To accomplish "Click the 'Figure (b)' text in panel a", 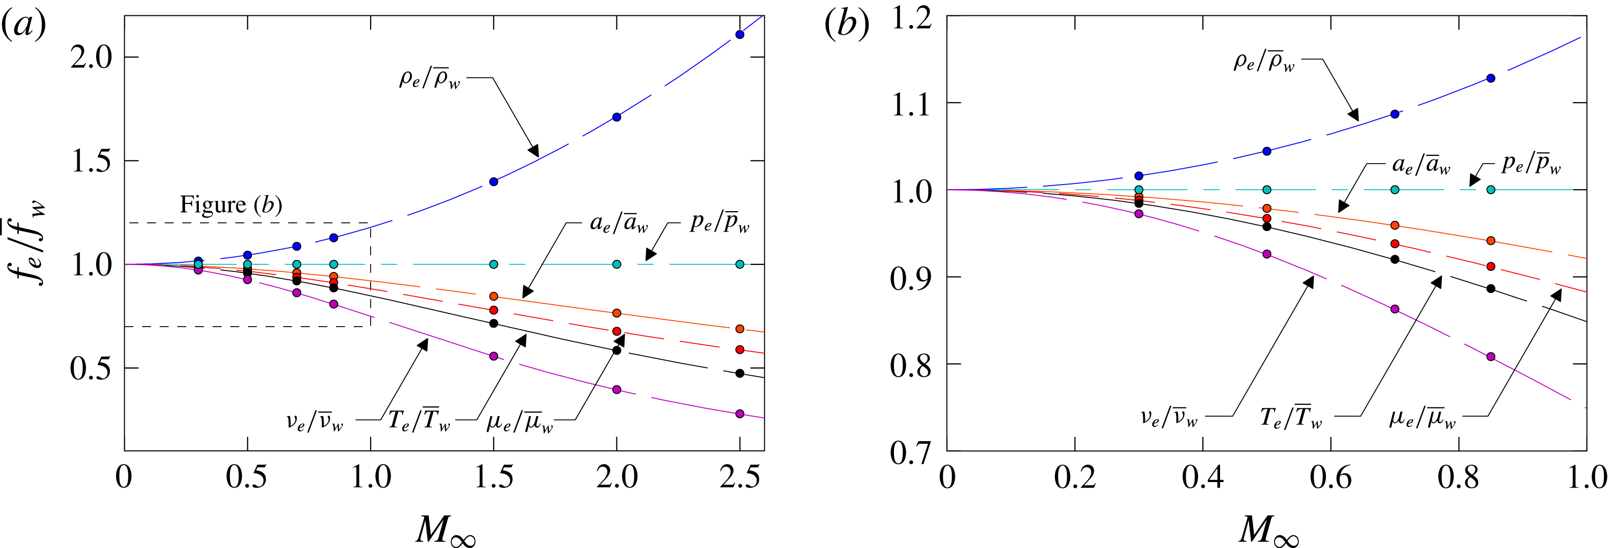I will (x=231, y=204).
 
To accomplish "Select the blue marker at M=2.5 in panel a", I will (x=740, y=34).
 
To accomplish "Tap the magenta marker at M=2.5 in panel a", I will (x=740, y=414).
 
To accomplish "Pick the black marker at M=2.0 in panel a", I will (x=617, y=350).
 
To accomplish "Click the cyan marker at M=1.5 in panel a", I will (x=494, y=264).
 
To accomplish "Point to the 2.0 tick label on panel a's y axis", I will (x=90, y=57).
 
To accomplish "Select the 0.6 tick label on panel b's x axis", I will (x=1330, y=478).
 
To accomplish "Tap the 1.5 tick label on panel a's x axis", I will (x=494, y=478).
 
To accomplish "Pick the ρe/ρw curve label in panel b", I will (x=1264, y=62).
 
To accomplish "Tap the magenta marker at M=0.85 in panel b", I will (x=1490, y=356).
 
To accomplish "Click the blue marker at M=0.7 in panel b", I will (x=1394, y=114).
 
